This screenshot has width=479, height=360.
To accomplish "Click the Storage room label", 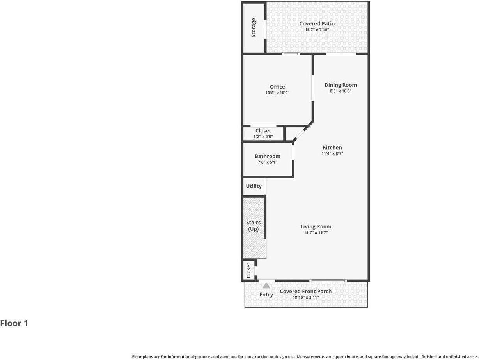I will tap(254, 28).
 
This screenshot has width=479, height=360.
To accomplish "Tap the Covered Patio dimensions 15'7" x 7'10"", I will tap(317, 30).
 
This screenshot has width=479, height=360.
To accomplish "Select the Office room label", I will tap(277, 87).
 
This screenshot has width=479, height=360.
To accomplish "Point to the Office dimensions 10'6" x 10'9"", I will tap(277, 93).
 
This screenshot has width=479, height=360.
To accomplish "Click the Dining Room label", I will tap(341, 85).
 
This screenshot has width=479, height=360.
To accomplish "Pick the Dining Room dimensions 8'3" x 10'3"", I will tap(341, 91).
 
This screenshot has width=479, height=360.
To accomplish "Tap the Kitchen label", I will tap(332, 147).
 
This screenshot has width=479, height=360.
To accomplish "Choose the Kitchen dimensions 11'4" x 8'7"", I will tap(332, 153).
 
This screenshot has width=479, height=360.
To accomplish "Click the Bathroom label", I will tap(268, 156).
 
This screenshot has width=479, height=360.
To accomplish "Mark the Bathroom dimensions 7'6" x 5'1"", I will tap(268, 162).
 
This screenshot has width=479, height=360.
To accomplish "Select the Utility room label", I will tap(254, 186).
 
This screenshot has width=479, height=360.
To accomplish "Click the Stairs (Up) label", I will tap(254, 226).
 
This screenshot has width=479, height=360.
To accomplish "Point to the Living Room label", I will tap(316, 226).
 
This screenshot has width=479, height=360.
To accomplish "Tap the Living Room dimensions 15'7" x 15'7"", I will tap(316, 233).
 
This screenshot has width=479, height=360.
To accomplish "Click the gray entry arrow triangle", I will tap(266, 286).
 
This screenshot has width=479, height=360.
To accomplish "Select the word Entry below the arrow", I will tap(266, 295).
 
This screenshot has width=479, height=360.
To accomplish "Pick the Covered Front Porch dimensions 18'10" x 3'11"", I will tap(306, 298).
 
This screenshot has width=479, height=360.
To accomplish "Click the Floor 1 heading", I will tap(14, 323).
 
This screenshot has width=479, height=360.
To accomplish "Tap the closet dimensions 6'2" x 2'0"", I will tap(263, 137).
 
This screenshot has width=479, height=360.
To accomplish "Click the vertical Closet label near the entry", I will tap(248, 270).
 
